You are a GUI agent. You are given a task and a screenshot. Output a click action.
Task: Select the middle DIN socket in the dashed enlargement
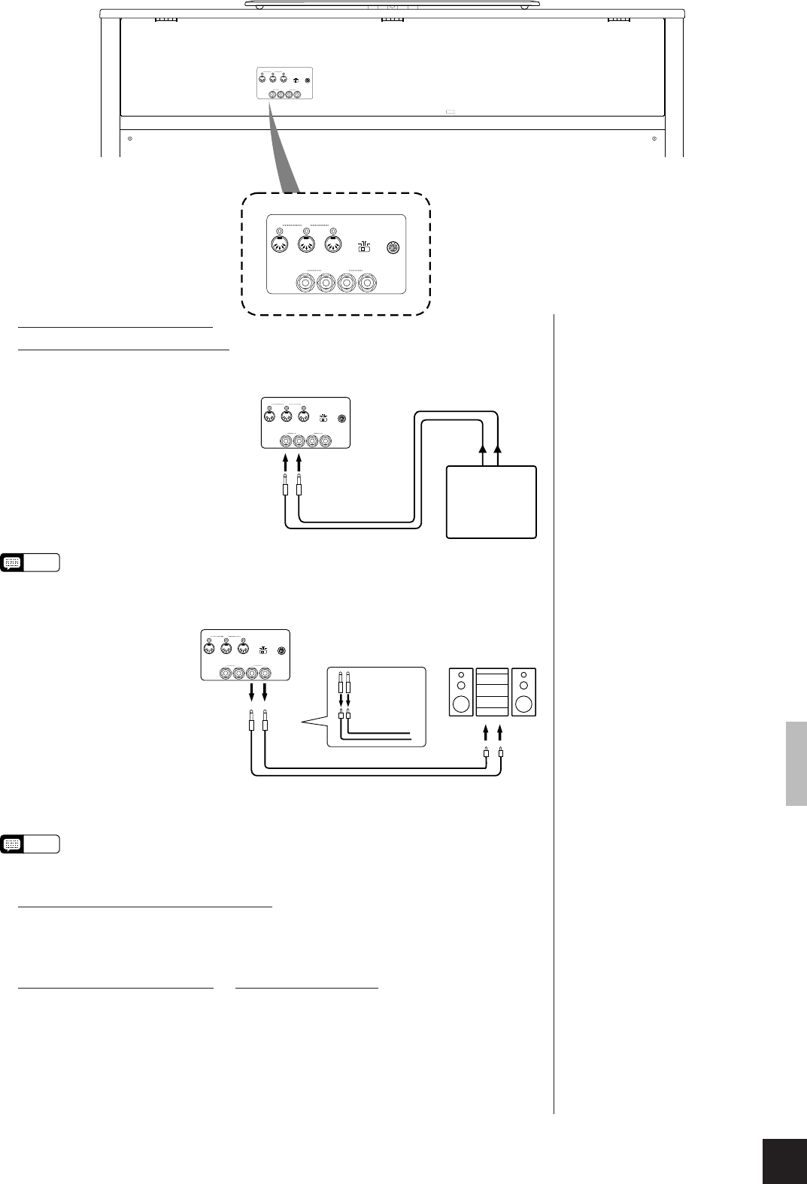click(306, 244)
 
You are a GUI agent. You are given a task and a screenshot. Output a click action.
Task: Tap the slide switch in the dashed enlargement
click(363, 247)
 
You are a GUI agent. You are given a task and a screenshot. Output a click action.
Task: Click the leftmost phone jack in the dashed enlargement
click(305, 283)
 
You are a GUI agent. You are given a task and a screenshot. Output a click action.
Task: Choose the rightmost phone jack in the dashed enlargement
click(367, 283)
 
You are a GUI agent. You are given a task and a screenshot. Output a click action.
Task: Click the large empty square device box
click(492, 502)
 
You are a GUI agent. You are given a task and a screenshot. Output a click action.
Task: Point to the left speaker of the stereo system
click(461, 692)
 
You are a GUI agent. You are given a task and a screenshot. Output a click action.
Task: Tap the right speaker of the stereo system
click(524, 692)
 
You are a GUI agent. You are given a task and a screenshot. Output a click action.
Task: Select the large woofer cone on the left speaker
click(461, 704)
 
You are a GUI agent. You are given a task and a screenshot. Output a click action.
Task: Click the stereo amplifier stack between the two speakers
click(493, 692)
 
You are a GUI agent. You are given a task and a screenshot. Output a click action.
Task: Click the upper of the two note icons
click(13, 562)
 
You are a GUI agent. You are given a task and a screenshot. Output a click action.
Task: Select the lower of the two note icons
click(13, 844)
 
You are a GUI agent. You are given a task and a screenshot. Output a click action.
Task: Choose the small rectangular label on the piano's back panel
click(451, 112)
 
